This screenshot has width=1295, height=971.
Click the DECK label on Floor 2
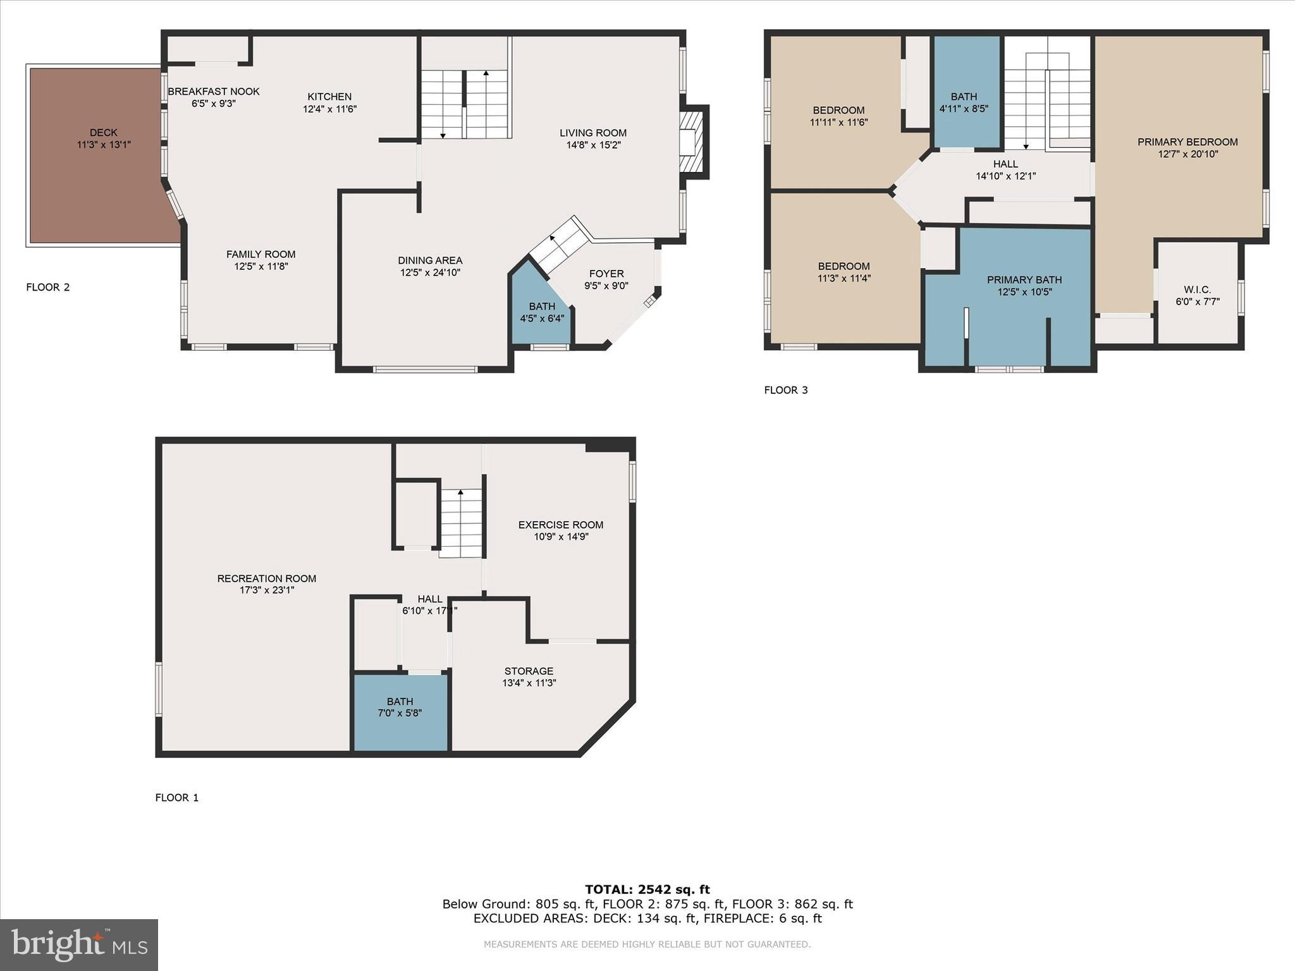click(104, 133)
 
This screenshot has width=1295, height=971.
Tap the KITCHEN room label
click(329, 97)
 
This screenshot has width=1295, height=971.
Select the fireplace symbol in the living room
click(692, 142)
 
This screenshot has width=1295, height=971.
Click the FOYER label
click(606, 274)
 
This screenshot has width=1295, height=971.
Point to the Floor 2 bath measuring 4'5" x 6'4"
click(542, 312)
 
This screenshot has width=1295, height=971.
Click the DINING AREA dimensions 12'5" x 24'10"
click(430, 272)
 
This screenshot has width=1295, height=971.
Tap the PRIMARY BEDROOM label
click(1188, 142)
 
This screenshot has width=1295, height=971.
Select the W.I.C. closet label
click(1197, 290)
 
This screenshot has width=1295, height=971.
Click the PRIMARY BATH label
click(1024, 280)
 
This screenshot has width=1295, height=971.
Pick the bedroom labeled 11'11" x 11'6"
click(838, 116)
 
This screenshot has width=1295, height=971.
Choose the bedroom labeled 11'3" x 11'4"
click(844, 272)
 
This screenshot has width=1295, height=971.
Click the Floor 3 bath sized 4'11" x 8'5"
click(964, 102)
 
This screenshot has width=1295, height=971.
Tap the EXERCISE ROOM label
click(561, 525)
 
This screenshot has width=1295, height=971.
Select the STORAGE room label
click(529, 671)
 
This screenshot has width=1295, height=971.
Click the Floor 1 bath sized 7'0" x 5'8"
click(400, 707)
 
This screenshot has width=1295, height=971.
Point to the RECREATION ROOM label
click(267, 578)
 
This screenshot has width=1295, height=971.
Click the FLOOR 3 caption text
click(786, 390)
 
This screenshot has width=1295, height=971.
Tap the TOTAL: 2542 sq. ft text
click(647, 889)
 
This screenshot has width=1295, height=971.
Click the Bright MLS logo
click(79, 944)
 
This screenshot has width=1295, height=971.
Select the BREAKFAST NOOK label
click(214, 92)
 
